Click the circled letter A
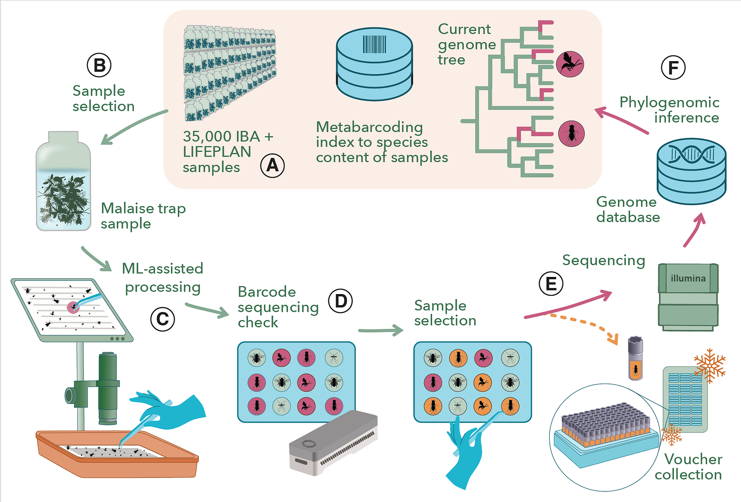pyautogui.click(x=272, y=165)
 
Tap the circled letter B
pyautogui.click(x=99, y=65)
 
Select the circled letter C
pyautogui.click(x=163, y=319)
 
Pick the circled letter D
pyautogui.click(x=340, y=301)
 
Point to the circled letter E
pyautogui.click(x=551, y=283)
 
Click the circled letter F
pyautogui.click(x=673, y=68)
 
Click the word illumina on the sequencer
pyautogui.click(x=688, y=278)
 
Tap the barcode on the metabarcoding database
pyautogui.click(x=374, y=44)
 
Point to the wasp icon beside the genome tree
pyautogui.click(x=570, y=64)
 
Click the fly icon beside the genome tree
pyautogui.click(x=571, y=133)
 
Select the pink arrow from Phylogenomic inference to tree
pyautogui.click(x=621, y=120)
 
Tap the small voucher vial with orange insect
pyautogui.click(x=635, y=359)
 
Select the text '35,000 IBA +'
pyautogui.click(x=228, y=137)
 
